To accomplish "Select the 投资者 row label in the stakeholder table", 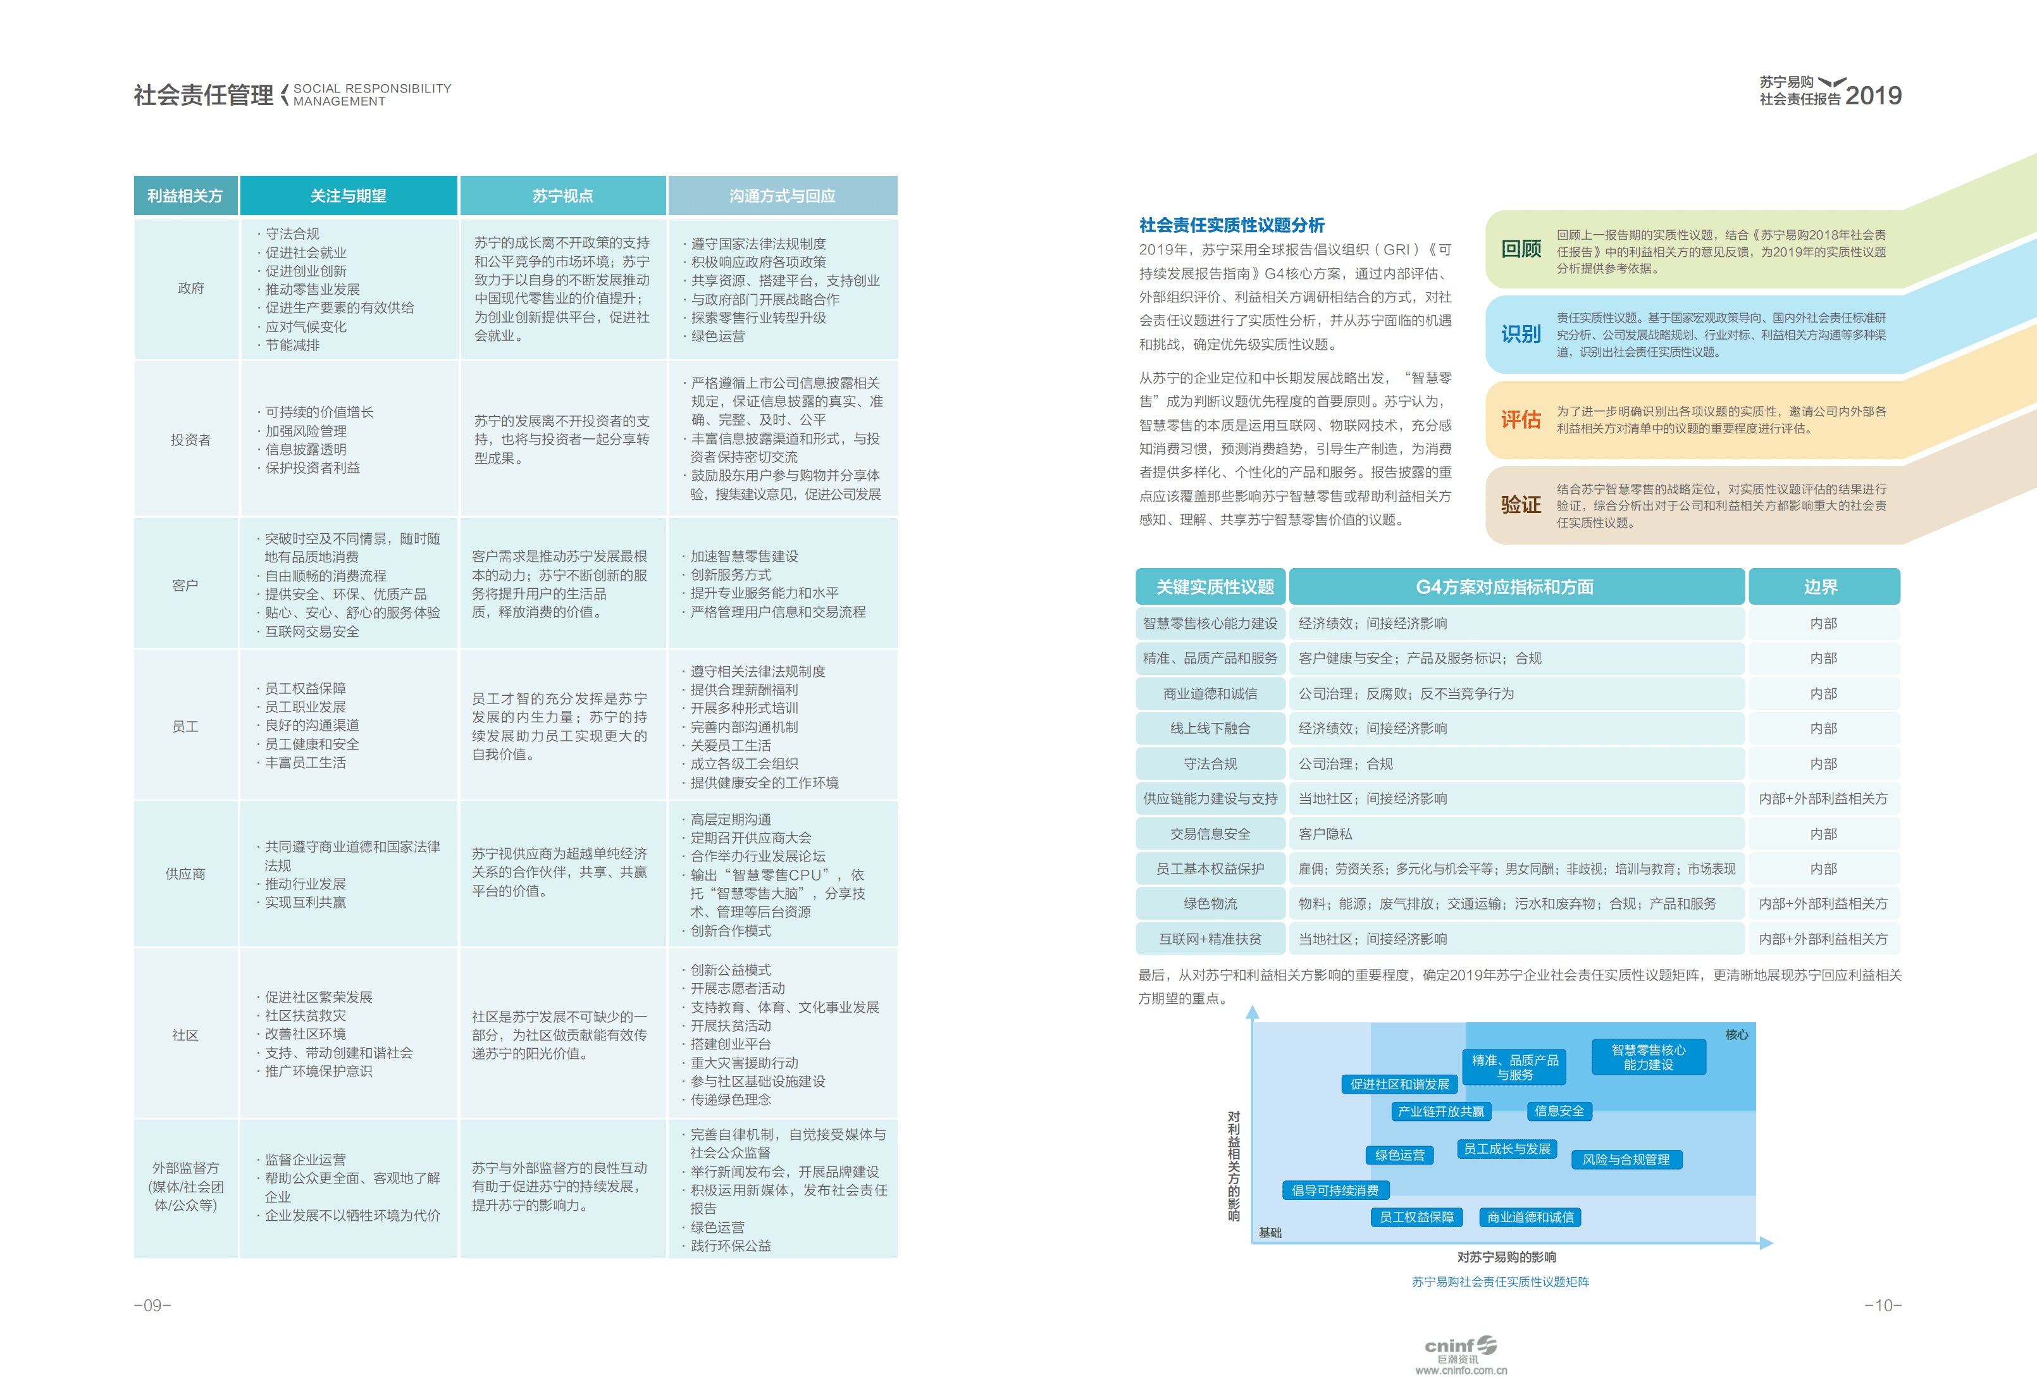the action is [x=190, y=439].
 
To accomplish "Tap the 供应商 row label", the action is [x=185, y=873].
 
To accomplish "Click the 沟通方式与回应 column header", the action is [x=782, y=195].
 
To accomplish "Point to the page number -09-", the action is [x=152, y=1305].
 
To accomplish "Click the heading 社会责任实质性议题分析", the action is [x=1232, y=225].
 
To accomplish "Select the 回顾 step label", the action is [x=1521, y=249].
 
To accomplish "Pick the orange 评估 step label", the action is [x=1521, y=420].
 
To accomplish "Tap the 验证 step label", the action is [x=1521, y=504].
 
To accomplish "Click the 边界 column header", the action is [x=1821, y=586].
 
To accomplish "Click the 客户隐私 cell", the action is [x=1325, y=834].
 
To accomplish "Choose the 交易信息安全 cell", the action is [x=1210, y=834].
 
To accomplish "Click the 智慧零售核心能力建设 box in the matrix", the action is [x=1648, y=1057].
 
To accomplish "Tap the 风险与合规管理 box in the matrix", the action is [x=1626, y=1159].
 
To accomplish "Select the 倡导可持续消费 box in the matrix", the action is [x=1335, y=1189].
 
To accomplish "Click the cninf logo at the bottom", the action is [x=1460, y=1351].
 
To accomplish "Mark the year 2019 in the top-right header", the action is [x=1873, y=96].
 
